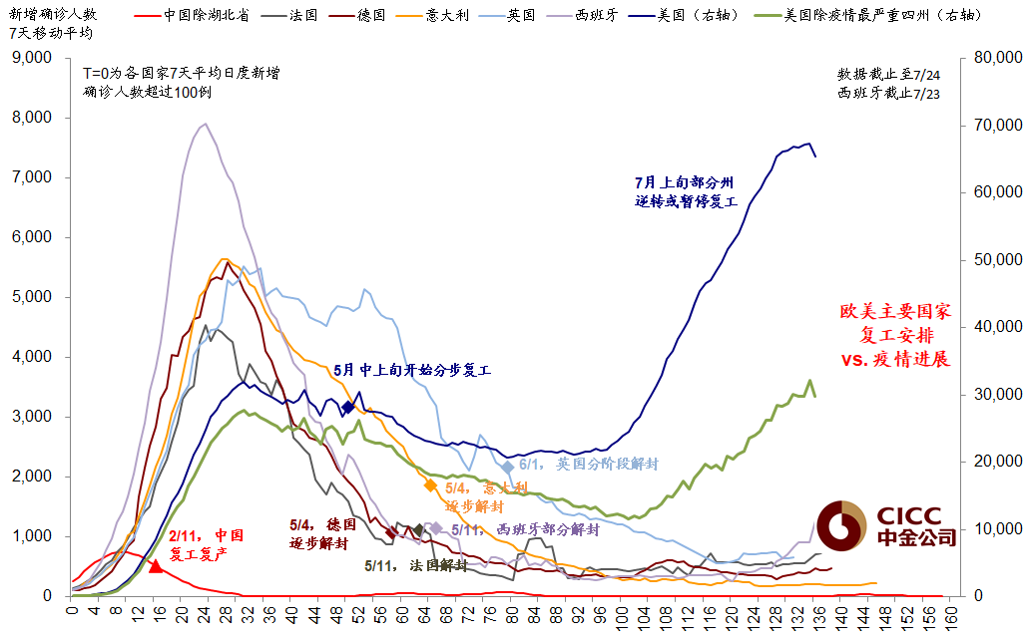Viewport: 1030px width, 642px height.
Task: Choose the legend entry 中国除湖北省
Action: coord(205,16)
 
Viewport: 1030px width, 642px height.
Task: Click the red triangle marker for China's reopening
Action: coord(155,565)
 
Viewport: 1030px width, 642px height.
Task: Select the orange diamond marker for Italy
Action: coord(430,485)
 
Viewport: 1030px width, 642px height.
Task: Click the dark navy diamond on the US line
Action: coord(347,407)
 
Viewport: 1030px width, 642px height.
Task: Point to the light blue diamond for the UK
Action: coord(508,467)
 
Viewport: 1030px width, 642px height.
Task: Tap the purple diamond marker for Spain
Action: coord(435,528)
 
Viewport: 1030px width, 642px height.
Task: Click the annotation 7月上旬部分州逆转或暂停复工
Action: coord(684,192)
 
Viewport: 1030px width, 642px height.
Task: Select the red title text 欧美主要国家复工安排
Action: coord(894,323)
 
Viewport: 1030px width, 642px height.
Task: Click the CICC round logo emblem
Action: coord(841,525)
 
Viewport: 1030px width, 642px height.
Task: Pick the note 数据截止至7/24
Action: coord(888,75)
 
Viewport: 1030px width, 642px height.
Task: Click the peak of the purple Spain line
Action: coord(205,125)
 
